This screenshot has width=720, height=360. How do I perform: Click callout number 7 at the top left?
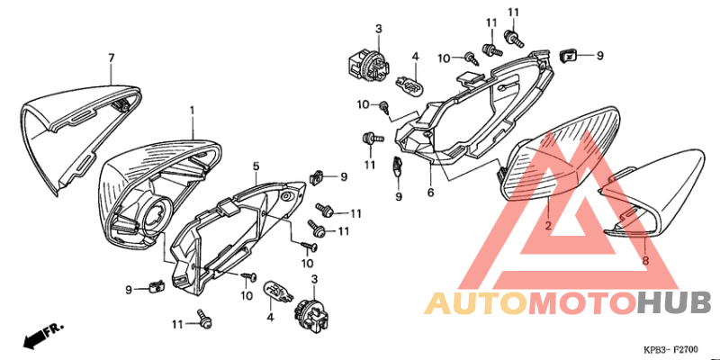112,58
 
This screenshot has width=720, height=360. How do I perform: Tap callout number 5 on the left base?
256,166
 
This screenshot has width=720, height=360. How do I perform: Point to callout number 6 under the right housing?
430,192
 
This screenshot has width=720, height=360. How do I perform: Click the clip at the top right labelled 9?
569,56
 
